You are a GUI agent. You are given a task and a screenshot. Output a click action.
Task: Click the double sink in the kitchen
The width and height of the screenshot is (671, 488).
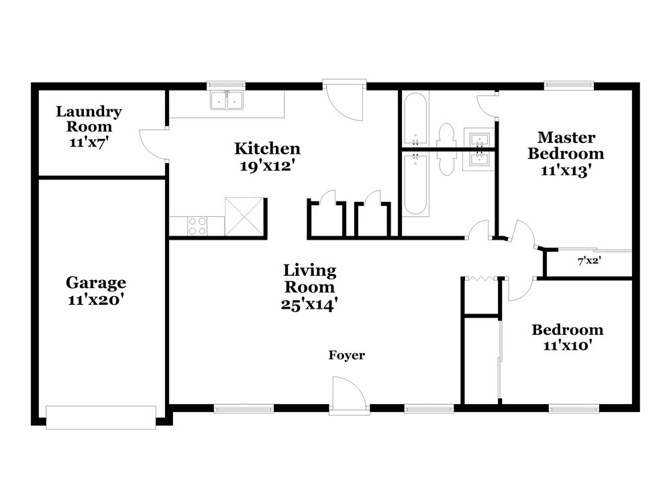227,101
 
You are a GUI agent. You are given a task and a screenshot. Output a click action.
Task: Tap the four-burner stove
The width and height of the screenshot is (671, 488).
197,226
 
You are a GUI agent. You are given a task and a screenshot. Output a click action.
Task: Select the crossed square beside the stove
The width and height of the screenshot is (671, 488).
244,217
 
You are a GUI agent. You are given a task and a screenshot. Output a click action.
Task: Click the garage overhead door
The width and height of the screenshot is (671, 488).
101,418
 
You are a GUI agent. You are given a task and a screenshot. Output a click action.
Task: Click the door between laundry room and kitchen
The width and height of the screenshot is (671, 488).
153,144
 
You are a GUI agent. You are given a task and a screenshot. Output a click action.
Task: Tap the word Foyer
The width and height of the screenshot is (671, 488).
347,355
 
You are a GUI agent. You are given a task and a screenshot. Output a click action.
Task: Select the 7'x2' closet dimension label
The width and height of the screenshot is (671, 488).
589,260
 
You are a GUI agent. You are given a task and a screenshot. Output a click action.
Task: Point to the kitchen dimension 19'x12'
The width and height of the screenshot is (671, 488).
268,166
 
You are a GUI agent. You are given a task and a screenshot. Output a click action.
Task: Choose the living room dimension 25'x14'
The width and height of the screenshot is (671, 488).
309,304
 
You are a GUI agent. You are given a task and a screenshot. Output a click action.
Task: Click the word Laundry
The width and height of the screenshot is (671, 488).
89,112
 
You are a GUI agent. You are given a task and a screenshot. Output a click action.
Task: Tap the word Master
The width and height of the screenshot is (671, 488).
566,138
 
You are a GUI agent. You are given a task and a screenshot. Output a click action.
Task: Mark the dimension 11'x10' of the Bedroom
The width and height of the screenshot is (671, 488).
568,345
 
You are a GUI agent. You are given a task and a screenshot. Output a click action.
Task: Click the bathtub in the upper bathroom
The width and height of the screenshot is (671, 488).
415,119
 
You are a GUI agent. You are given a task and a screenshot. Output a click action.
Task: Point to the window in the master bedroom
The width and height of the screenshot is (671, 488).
569,86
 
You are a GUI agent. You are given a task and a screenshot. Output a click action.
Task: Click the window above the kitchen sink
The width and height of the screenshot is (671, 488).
226,86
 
